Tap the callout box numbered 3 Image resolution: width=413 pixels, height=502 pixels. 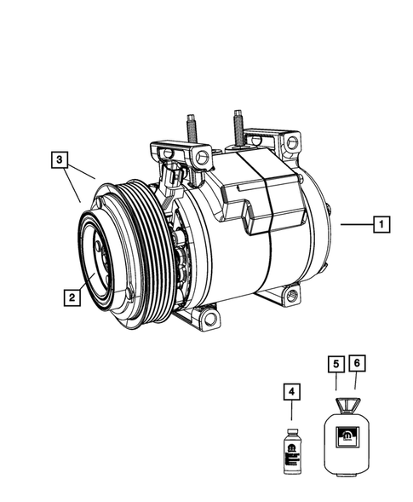[58, 159]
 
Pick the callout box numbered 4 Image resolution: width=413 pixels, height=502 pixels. [292, 392]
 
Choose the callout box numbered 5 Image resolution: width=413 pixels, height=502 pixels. [337, 363]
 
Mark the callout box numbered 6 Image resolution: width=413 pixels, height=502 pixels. [359, 363]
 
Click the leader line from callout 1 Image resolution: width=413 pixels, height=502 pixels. [356, 225]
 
